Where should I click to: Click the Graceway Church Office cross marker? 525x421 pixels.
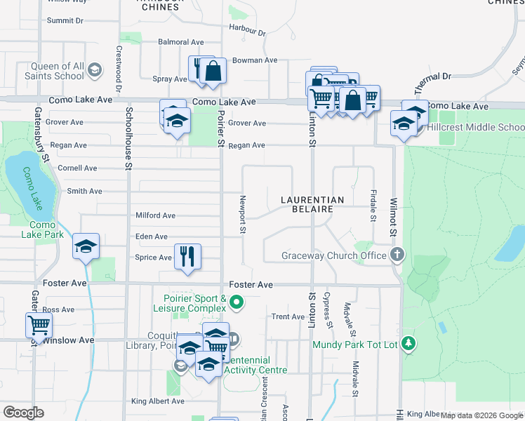[x=397, y=255]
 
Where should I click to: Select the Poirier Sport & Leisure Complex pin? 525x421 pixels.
[x=237, y=303]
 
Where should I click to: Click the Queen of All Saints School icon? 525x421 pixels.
[x=96, y=70]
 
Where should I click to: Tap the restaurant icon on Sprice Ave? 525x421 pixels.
[x=187, y=256]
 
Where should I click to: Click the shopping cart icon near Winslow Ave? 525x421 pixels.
[x=39, y=326]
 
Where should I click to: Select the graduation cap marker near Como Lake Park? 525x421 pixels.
[x=86, y=246]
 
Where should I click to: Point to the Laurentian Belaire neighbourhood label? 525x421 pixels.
[x=312, y=204]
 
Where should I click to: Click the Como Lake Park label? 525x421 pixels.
[x=47, y=229]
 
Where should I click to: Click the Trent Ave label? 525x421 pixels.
[x=288, y=317]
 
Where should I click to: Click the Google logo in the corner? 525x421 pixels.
[x=23, y=412]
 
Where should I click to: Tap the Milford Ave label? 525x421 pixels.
[x=156, y=215]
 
